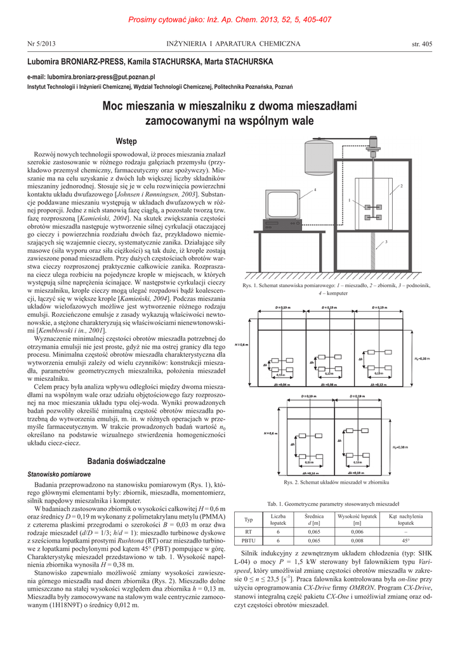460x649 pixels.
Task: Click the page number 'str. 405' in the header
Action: (421, 44)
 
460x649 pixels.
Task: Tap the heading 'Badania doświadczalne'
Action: (126, 461)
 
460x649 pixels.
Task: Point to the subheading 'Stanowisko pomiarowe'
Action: (59, 474)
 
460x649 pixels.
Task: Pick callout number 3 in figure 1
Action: (386, 241)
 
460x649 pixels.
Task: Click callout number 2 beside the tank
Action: (401, 186)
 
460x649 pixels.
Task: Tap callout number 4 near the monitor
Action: (315, 190)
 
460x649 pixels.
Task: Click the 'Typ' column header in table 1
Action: (249, 520)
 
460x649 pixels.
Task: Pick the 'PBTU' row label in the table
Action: (249, 541)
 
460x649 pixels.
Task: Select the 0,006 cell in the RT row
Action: (357, 532)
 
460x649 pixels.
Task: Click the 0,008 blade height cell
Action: (357, 541)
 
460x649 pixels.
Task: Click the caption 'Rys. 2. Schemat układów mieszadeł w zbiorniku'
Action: (336, 483)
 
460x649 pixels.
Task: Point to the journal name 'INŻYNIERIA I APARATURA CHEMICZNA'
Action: (233, 44)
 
